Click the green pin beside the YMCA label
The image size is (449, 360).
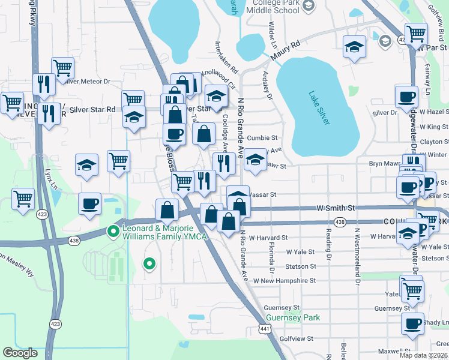point(113,230)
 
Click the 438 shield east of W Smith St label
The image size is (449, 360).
point(340,223)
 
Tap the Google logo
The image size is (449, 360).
point(20,353)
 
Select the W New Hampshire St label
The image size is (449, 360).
point(284,280)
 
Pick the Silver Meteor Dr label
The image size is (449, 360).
point(90,81)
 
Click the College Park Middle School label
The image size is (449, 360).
point(273,7)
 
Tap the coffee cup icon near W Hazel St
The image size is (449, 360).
point(406,96)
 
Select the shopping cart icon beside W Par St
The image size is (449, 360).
point(415,34)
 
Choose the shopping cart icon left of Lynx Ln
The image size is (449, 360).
point(23,199)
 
